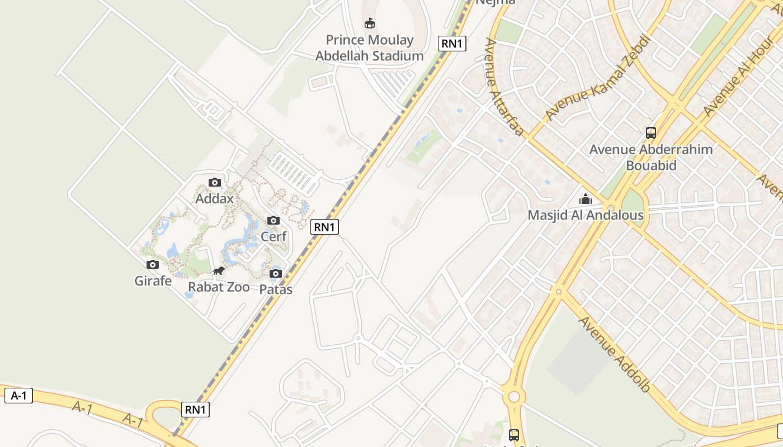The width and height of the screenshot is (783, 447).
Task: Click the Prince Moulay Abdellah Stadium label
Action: pyautogui.click(x=369, y=48)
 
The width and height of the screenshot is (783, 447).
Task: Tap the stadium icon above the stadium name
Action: pyautogui.click(x=369, y=23)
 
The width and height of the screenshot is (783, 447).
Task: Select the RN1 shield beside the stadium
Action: pyautogui.click(x=452, y=44)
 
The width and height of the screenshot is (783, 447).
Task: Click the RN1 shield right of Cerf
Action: pyautogui.click(x=325, y=227)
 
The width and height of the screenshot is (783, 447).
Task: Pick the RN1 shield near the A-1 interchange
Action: pyautogui.click(x=196, y=410)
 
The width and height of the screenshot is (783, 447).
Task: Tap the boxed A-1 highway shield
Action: pyautogui.click(x=19, y=396)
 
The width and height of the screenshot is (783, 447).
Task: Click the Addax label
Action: pyautogui.click(x=214, y=198)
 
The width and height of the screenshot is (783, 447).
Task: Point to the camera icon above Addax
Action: pyautogui.click(x=214, y=183)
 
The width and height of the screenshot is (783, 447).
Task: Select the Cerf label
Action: pyautogui.click(x=273, y=236)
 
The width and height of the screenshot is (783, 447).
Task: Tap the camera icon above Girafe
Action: pyautogui.click(x=153, y=265)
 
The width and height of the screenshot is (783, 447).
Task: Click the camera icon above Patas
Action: pyautogui.click(x=276, y=274)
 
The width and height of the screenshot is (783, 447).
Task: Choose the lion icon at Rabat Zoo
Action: pyautogui.click(x=219, y=272)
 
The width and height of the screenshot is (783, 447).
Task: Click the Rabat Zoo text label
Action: pyautogui.click(x=219, y=287)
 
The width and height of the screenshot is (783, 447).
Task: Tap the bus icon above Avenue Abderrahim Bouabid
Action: pyautogui.click(x=651, y=133)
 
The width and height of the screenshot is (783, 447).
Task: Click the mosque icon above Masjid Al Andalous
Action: pyautogui.click(x=586, y=199)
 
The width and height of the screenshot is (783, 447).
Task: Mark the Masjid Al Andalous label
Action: pyautogui.click(x=586, y=215)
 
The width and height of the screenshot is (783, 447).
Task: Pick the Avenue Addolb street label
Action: pyautogui.click(x=614, y=354)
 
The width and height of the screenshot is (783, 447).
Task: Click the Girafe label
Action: pyautogui.click(x=153, y=281)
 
